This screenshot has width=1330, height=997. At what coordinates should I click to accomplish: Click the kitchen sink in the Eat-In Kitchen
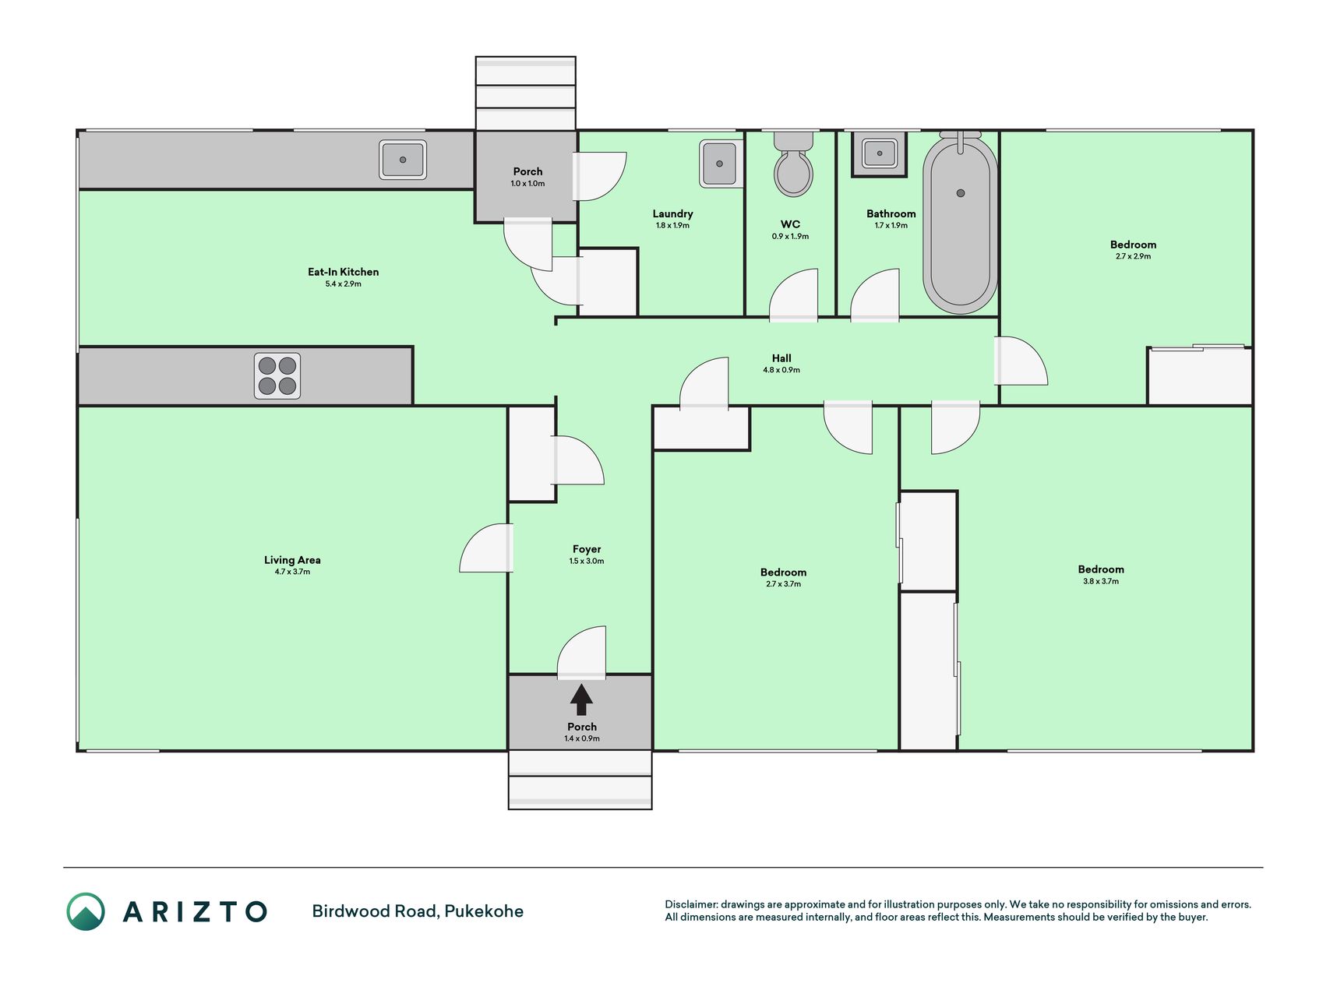(x=403, y=160)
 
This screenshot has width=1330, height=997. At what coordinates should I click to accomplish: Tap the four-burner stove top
(x=277, y=376)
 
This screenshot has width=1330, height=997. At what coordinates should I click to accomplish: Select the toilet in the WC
(x=793, y=164)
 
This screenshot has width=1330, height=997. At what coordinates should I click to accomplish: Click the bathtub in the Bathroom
(x=960, y=223)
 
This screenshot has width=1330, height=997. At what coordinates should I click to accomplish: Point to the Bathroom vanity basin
(x=879, y=154)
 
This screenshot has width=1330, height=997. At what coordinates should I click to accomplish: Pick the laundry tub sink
(x=720, y=164)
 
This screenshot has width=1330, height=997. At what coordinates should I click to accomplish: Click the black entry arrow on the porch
(x=581, y=699)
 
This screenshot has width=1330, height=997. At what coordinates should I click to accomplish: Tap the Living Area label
(x=292, y=559)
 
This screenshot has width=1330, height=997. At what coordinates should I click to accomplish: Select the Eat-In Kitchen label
(x=343, y=272)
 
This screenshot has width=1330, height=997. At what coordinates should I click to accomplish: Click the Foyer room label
(x=587, y=549)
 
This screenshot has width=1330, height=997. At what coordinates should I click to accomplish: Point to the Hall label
(x=781, y=358)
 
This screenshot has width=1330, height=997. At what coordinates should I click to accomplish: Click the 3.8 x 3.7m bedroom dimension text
(x=1101, y=581)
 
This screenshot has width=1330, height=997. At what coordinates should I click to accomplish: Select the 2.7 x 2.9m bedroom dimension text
(x=1133, y=256)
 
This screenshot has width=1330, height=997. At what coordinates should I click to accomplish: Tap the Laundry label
(x=672, y=213)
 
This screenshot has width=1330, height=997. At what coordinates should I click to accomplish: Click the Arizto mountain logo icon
(x=86, y=911)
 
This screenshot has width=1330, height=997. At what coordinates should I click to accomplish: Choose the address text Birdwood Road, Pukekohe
(x=418, y=911)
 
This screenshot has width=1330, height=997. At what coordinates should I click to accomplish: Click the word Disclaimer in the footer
(x=691, y=904)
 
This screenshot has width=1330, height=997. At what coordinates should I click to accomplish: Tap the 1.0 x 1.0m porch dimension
(x=527, y=184)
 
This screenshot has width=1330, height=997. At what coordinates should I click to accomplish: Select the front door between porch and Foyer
(x=581, y=653)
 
